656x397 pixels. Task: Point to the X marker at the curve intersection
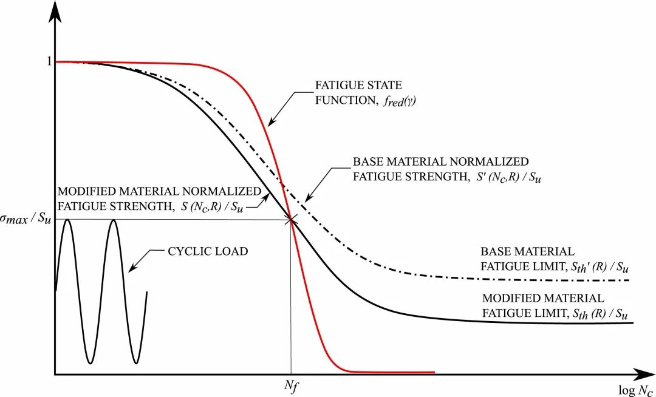tap(292, 220)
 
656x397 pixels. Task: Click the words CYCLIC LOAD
tap(207, 251)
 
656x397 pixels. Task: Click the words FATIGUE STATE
tap(358, 86)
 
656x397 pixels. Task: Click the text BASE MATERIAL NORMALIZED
tap(440, 162)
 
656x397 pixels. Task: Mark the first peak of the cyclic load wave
tap(67, 220)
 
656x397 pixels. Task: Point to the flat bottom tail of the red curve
tap(395, 372)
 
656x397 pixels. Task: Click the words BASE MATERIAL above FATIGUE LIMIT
tap(527, 251)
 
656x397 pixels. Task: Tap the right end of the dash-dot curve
tap(627, 280)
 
